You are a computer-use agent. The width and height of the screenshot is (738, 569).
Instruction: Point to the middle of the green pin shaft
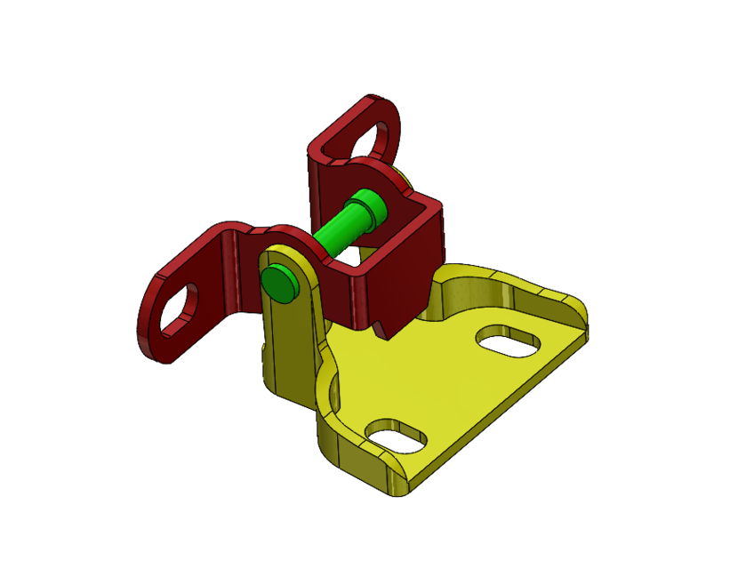336,233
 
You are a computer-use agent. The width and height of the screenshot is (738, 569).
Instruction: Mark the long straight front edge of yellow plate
498,409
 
